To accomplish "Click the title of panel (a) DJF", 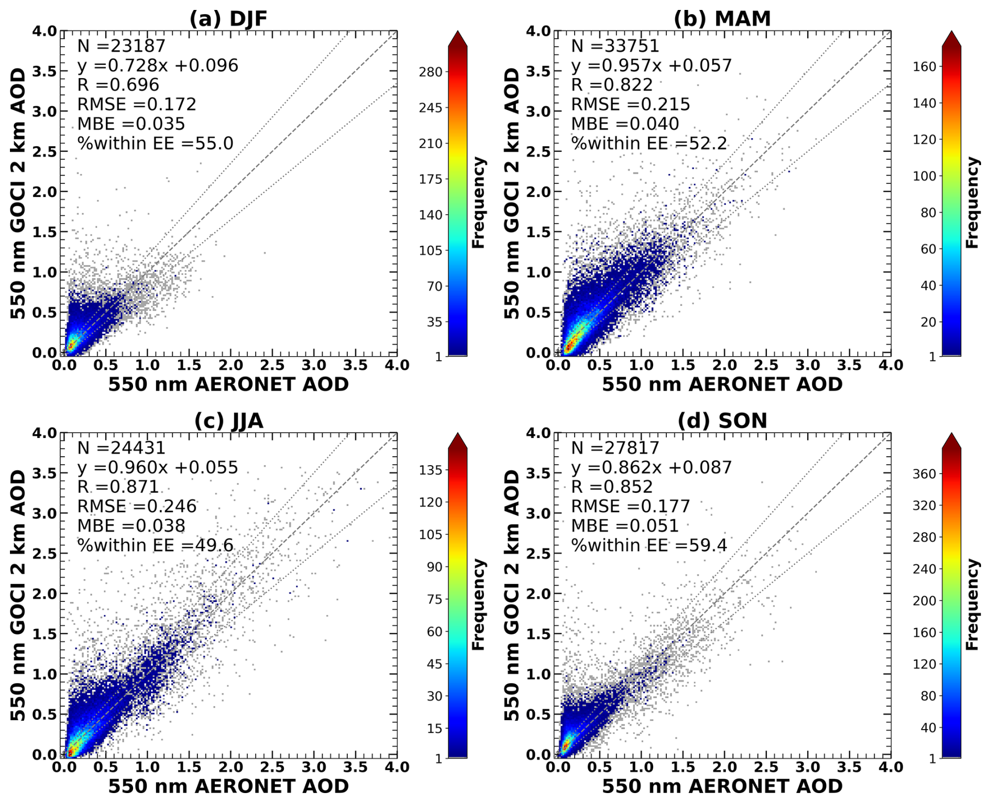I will click(228, 18).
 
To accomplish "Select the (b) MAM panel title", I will click(722, 18).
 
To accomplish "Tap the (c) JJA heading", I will click(228, 421).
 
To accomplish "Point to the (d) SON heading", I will click(722, 421).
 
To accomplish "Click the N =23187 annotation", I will click(122, 46).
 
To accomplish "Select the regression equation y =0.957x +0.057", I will click(651, 65).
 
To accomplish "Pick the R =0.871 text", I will click(118, 487).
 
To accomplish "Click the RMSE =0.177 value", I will click(630, 507).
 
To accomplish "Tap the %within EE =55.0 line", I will click(155, 143).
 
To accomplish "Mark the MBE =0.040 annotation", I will click(624, 124).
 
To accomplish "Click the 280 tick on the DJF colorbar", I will click(431, 72).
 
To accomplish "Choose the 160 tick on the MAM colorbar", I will click(924, 67).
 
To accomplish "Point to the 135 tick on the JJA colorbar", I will click(431, 470).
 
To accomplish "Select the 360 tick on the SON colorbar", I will click(924, 474).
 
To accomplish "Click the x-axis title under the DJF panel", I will click(228, 384).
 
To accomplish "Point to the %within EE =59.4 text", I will click(648, 545).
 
